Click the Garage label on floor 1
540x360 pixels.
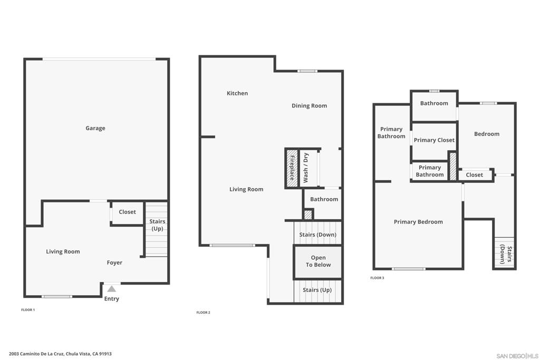[95, 128]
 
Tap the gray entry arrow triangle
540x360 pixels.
[112, 289]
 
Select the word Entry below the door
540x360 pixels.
[112, 299]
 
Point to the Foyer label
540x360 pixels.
[114, 262]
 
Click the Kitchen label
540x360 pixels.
[237, 93]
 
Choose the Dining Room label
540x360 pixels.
[309, 105]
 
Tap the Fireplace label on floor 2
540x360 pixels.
[292, 168]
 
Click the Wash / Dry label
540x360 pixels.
[306, 168]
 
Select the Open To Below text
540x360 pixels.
[318, 261]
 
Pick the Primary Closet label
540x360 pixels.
[434, 140]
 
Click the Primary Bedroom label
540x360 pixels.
[418, 222]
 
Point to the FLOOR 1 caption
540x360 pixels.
[28, 310]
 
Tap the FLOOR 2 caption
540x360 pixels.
[203, 313]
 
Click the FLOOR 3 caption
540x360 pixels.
[377, 278]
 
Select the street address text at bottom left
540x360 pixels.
[60, 354]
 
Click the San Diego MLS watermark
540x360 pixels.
[517, 356]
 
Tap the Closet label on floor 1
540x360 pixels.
[128, 212]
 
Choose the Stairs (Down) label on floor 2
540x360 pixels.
[317, 235]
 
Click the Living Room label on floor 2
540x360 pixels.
[246, 189]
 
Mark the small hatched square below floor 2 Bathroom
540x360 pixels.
[308, 215]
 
